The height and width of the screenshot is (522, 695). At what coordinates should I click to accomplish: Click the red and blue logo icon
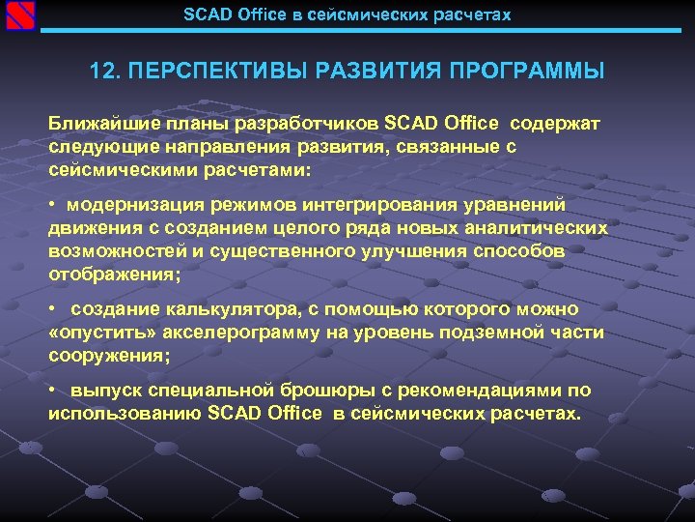pos(20,16)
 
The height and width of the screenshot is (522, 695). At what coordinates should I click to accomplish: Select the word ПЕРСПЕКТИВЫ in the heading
pos(200,72)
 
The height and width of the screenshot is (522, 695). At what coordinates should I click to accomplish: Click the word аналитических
pos(538,228)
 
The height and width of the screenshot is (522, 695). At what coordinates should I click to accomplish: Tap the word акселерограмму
pos(231,333)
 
